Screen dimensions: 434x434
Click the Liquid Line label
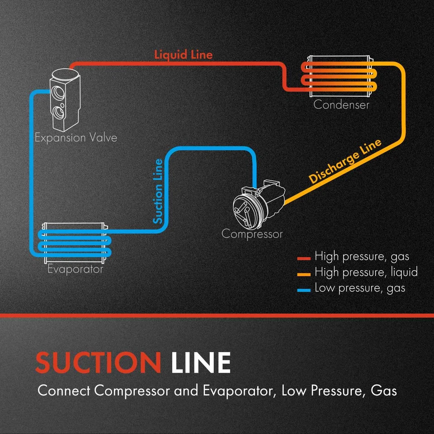pos(183,55)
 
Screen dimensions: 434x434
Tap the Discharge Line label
pos(345,161)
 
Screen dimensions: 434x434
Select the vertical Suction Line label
pos(158,191)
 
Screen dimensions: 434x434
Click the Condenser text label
pos(341,105)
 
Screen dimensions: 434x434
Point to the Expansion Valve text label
pos(76,137)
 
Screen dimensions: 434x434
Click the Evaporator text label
pos(75,269)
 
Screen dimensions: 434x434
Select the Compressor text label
pos(252,234)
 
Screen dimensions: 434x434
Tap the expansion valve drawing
pos(64,98)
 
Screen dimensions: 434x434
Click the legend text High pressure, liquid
pos(366,272)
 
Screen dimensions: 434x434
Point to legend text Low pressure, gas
pos(360,288)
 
